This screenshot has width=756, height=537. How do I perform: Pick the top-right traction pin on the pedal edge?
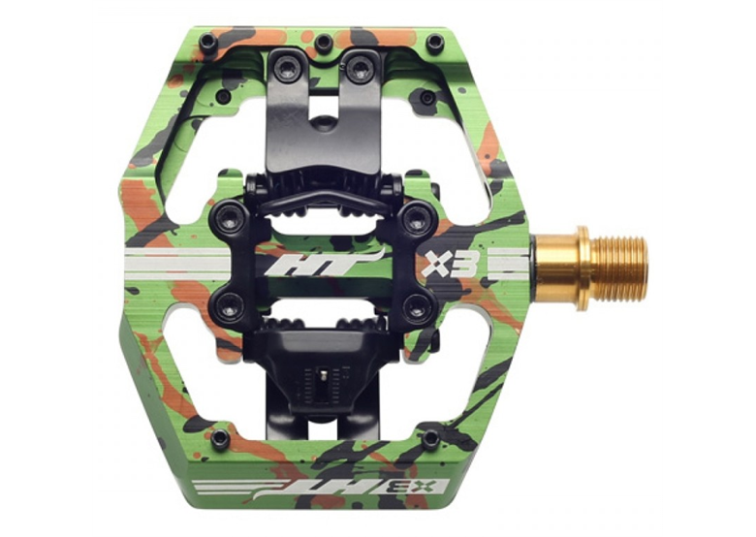pyautogui.click(x=435, y=42)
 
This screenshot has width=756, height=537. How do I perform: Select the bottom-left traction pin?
pyautogui.click(x=220, y=438)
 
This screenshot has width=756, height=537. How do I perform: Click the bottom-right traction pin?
pyautogui.click(x=430, y=438)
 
